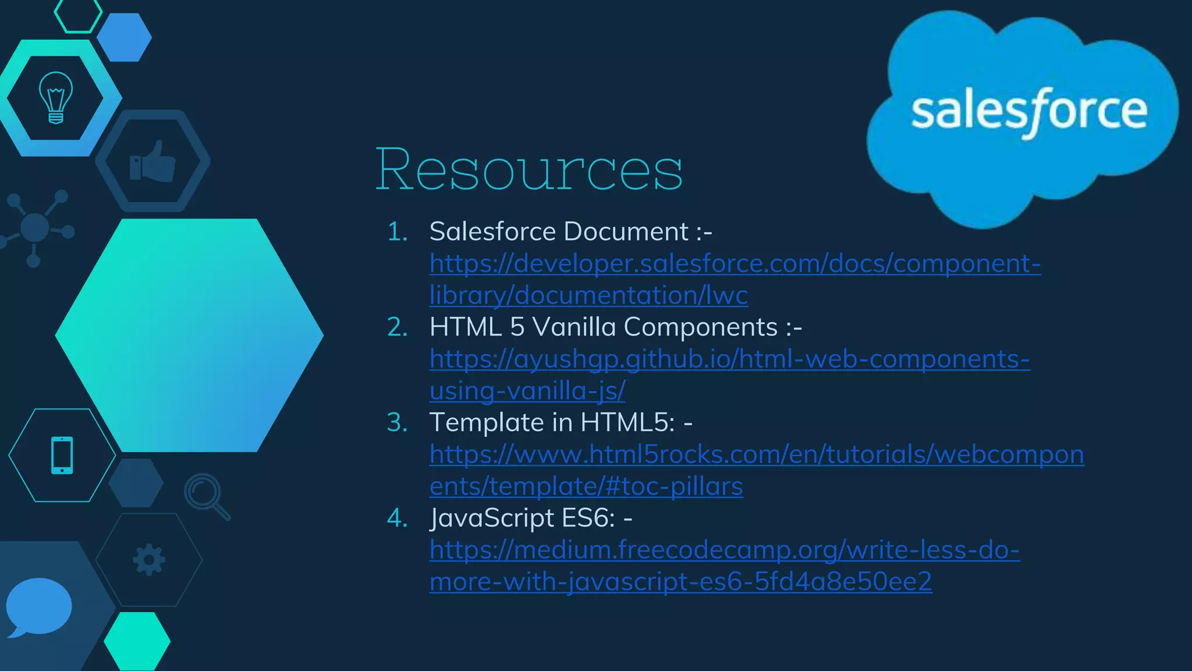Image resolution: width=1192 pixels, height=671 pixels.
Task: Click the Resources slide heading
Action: pyautogui.click(x=528, y=169)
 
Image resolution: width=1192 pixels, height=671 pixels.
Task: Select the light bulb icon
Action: pyautogui.click(x=55, y=97)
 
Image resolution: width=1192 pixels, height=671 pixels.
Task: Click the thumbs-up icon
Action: pyautogui.click(x=152, y=161)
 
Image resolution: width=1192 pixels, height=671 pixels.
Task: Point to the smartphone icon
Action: pyautogui.click(x=62, y=455)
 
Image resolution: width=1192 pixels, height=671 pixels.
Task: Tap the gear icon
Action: pyautogui.click(x=149, y=560)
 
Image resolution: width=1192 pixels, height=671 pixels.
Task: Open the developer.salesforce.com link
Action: pyautogui.click(x=735, y=264)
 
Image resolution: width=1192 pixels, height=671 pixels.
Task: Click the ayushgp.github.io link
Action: pyautogui.click(x=729, y=359)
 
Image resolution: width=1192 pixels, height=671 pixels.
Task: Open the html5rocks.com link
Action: pyautogui.click(x=756, y=455)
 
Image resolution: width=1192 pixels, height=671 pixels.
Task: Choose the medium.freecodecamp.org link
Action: pyautogui.click(x=724, y=550)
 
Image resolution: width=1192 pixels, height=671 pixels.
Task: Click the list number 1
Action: pyautogui.click(x=398, y=232)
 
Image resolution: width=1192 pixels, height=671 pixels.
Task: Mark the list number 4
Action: pyautogui.click(x=398, y=518)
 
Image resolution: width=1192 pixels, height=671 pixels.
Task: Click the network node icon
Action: pyautogui.click(x=35, y=227)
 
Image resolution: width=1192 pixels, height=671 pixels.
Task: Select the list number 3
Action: pyautogui.click(x=398, y=422)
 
